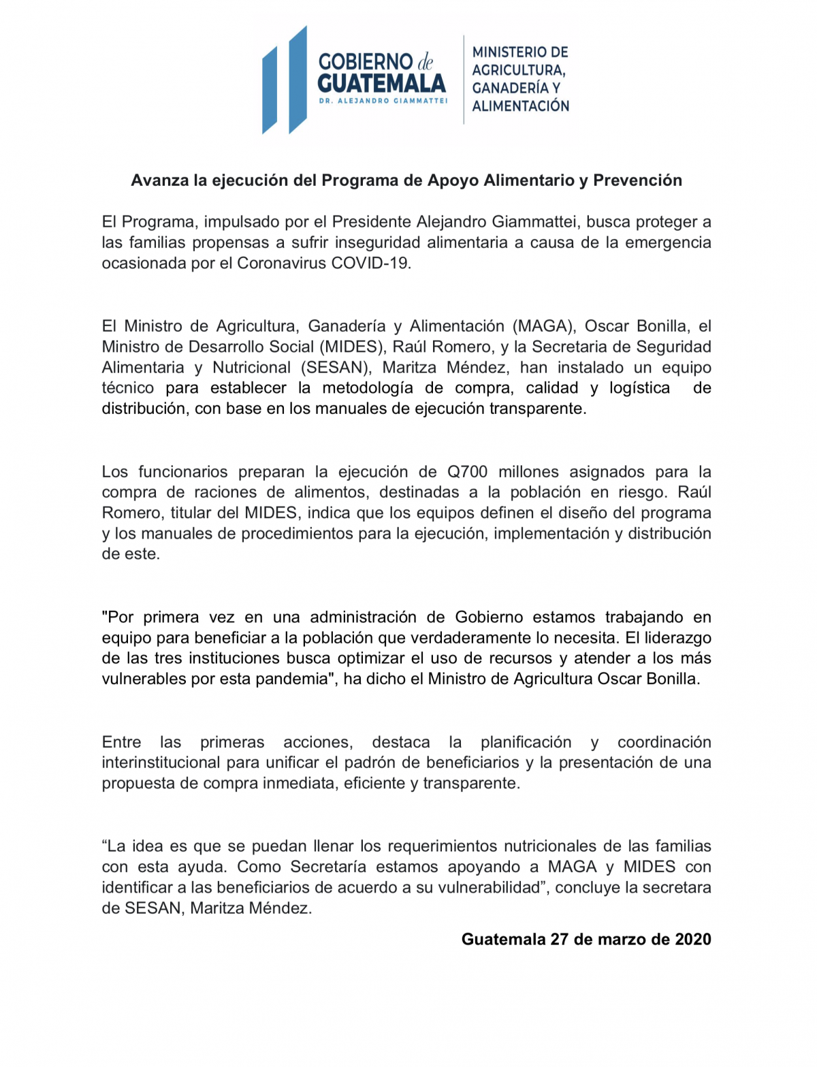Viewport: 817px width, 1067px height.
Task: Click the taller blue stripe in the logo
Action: (x=298, y=80)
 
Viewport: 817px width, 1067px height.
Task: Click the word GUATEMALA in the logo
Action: (x=381, y=84)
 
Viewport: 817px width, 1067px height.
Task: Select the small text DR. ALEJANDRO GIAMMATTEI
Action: (x=383, y=101)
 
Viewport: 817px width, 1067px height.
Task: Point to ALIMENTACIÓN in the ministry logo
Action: (x=521, y=106)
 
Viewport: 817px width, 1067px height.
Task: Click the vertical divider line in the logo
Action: (x=464, y=80)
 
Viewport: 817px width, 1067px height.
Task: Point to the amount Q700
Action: (x=468, y=472)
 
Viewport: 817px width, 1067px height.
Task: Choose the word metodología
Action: (x=368, y=388)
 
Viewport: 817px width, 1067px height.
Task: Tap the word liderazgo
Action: (x=677, y=638)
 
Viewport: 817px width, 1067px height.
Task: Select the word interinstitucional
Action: (x=161, y=763)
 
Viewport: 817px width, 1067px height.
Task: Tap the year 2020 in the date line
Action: (x=693, y=940)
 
